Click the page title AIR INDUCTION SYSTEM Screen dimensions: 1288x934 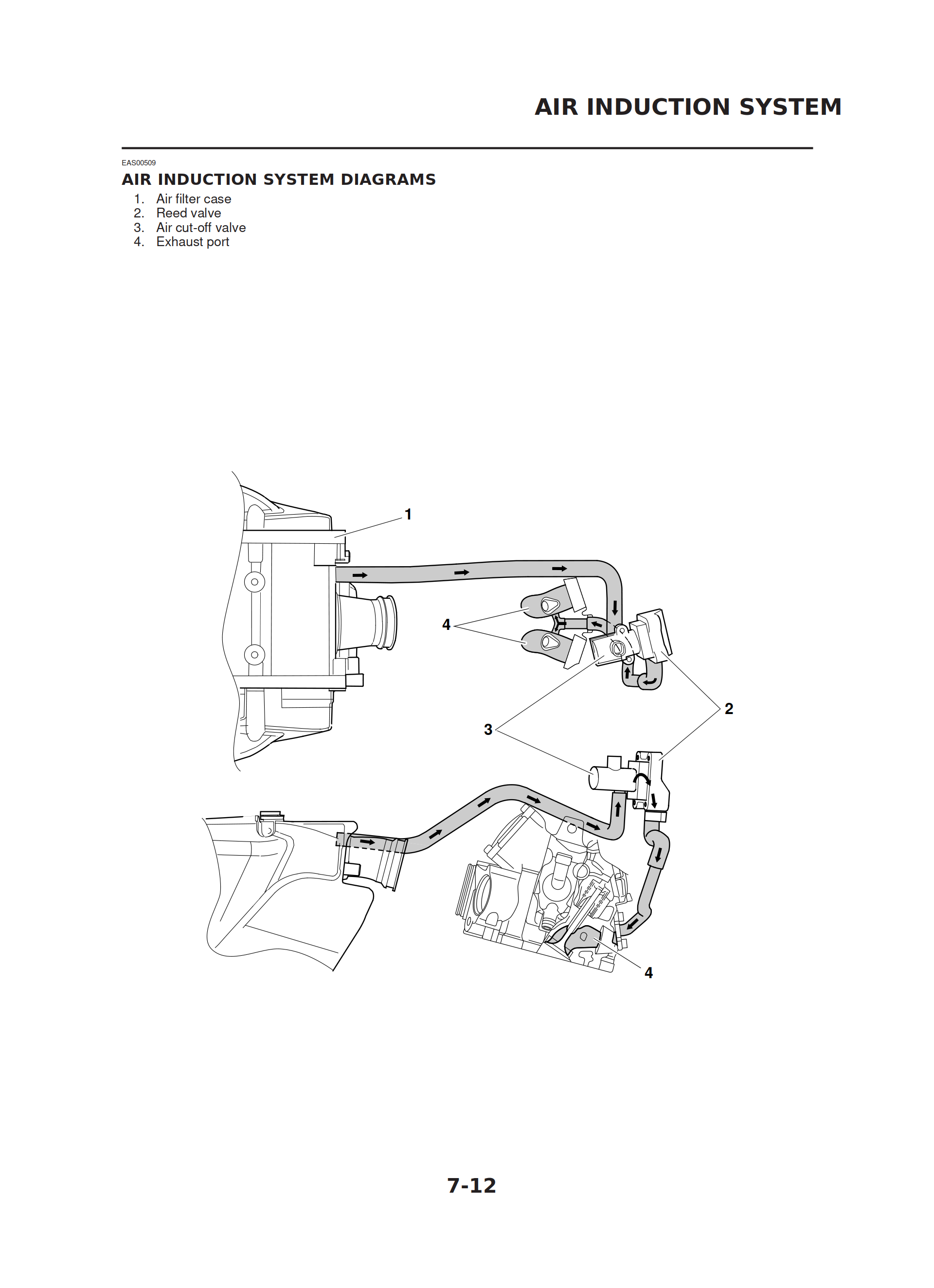tap(687, 107)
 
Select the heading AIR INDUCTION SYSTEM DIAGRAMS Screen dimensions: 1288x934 tap(278, 179)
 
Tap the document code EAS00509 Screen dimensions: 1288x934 tap(139, 163)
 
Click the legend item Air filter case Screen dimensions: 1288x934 tap(193, 199)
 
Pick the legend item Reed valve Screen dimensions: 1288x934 tap(188, 214)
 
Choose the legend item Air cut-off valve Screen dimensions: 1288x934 tap(200, 228)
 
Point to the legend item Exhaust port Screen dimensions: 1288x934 tap(193, 242)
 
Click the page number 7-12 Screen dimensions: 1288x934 tap(471, 1186)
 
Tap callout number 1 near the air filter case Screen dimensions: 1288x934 tap(407, 515)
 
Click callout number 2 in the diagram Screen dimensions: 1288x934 tap(728, 709)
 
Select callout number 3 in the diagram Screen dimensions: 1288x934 tap(487, 730)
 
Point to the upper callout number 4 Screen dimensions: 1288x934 tap(446, 625)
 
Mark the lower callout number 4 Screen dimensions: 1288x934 tap(648, 973)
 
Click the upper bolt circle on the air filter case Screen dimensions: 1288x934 tap(254, 582)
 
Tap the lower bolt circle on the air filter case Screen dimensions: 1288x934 tap(254, 655)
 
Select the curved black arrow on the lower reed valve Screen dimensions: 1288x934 tap(643, 779)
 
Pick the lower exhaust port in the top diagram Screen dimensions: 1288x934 tap(548, 642)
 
